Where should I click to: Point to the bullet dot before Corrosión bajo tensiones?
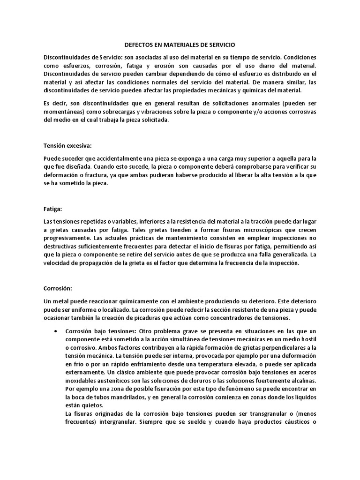56,331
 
